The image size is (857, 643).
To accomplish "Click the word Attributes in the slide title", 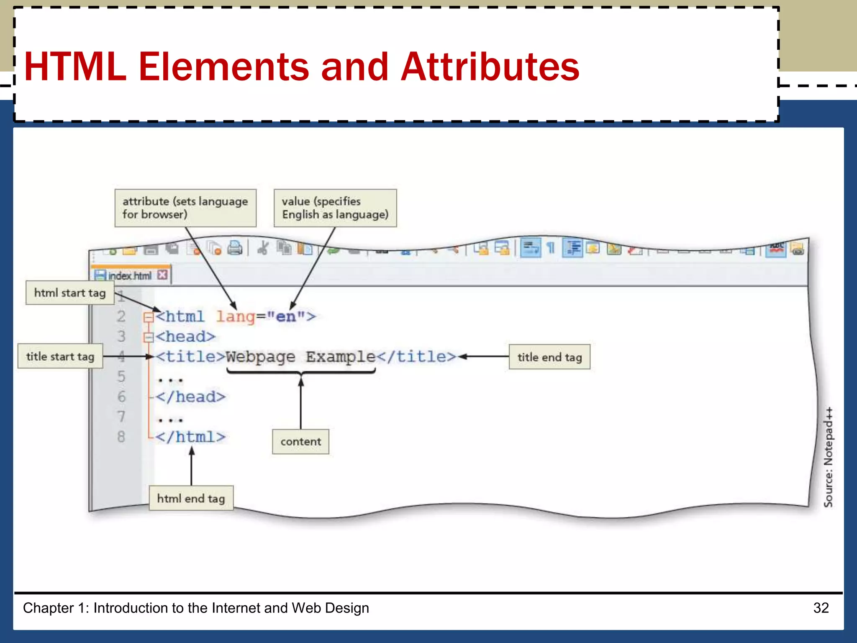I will point(490,67).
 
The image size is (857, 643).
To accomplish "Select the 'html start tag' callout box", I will point(69,293).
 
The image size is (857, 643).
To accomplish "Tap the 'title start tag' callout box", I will point(60,356).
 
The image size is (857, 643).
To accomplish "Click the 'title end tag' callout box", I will point(549,357).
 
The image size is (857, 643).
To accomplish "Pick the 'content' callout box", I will point(300,442).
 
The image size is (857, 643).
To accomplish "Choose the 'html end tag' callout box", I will point(191,498).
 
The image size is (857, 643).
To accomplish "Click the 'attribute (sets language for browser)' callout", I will point(185,208).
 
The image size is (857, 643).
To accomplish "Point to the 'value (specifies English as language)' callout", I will point(335,208).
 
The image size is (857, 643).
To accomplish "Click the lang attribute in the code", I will point(235,316).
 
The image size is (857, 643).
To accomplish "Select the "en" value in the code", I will point(286,316).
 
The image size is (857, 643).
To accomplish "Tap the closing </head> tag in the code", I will point(190,396).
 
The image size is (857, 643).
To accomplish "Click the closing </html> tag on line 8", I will point(190,437).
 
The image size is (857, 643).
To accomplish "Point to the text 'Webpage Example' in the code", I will point(300,357).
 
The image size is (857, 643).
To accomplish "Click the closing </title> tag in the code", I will point(416,357).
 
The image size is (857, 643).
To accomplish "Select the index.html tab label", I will point(129,275).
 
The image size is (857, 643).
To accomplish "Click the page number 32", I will point(821,607).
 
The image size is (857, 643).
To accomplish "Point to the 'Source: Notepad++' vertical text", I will point(828,457).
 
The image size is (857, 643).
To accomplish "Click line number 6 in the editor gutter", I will point(121,396).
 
